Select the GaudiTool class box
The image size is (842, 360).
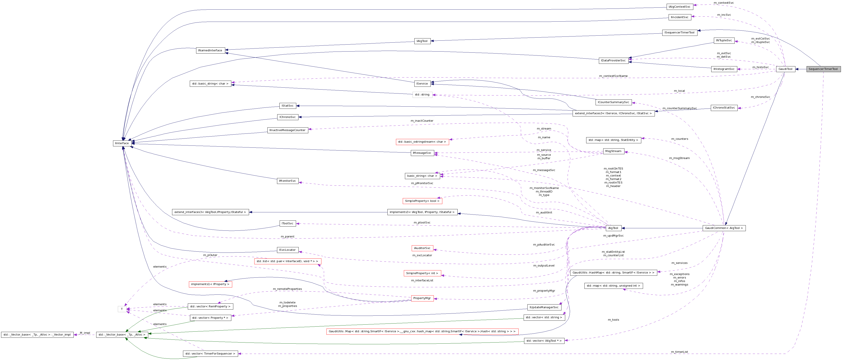pos(785,69)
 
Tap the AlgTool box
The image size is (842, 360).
pos(613,228)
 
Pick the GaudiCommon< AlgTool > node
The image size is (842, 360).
pos(724,228)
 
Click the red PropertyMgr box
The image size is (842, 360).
pos(422,298)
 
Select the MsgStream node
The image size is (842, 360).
pos(613,151)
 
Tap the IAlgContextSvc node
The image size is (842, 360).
pos(680,7)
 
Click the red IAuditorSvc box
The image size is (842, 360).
pos(422,248)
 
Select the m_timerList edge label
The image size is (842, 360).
pos(679,352)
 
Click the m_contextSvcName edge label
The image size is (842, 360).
pos(613,76)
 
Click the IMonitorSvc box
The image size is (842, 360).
pos(287,181)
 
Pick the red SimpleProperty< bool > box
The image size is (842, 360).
pos(422,201)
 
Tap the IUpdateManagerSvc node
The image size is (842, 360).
pos(544,307)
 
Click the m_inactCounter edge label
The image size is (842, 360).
pos(422,121)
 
